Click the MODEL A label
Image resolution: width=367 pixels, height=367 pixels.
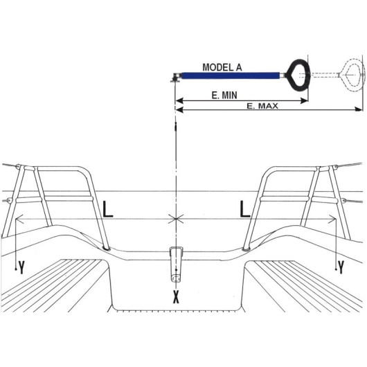pos(222,67)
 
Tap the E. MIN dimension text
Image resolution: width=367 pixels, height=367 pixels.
pos(224,96)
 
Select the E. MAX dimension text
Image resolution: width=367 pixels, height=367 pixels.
pos(262,106)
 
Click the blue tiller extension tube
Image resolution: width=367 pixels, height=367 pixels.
pos(231,75)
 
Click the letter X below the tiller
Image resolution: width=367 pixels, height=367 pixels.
pos(176,298)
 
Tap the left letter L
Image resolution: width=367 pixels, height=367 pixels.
pos(108,210)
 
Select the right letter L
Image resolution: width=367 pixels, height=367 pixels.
pos(245,210)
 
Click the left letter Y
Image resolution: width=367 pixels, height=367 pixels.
pos(21,267)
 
